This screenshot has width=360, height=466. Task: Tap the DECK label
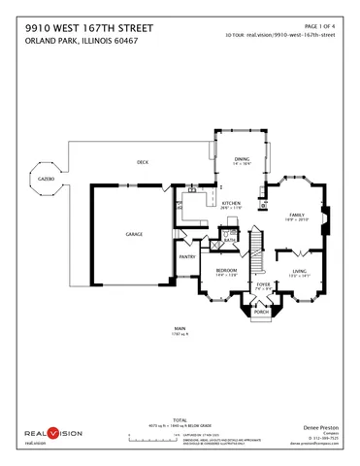coord(142,161)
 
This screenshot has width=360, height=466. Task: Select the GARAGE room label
coord(134,235)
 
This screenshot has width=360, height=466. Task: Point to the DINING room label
coord(242,158)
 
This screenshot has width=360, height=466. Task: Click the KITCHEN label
coord(231,204)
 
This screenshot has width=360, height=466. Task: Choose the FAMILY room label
coord(297,215)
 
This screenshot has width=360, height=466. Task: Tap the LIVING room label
coord(299,272)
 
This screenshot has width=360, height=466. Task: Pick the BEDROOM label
coord(225,271)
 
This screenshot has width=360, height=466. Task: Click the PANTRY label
coord(187,256)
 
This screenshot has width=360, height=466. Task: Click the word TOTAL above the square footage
coord(180,417)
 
